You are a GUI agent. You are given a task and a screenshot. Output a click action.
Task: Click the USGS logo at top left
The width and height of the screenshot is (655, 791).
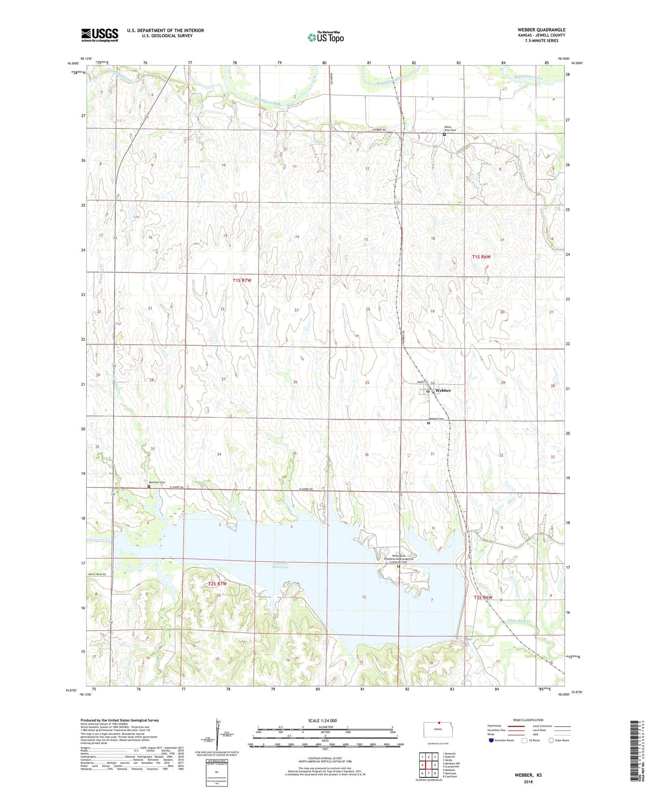100,35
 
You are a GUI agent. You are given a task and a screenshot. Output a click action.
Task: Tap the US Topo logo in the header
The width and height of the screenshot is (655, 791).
325,37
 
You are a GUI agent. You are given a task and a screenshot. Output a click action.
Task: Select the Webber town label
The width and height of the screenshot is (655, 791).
443,391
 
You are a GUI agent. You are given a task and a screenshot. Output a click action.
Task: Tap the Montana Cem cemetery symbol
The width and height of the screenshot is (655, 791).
149,487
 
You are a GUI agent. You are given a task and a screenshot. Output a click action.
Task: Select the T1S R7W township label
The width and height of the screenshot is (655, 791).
242,280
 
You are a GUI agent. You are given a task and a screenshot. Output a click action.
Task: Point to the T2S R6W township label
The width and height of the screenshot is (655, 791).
483,597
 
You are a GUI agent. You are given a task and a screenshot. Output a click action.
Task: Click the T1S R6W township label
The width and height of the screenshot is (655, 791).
481,257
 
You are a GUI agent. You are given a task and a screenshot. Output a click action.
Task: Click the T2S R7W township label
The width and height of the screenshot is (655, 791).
217,584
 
